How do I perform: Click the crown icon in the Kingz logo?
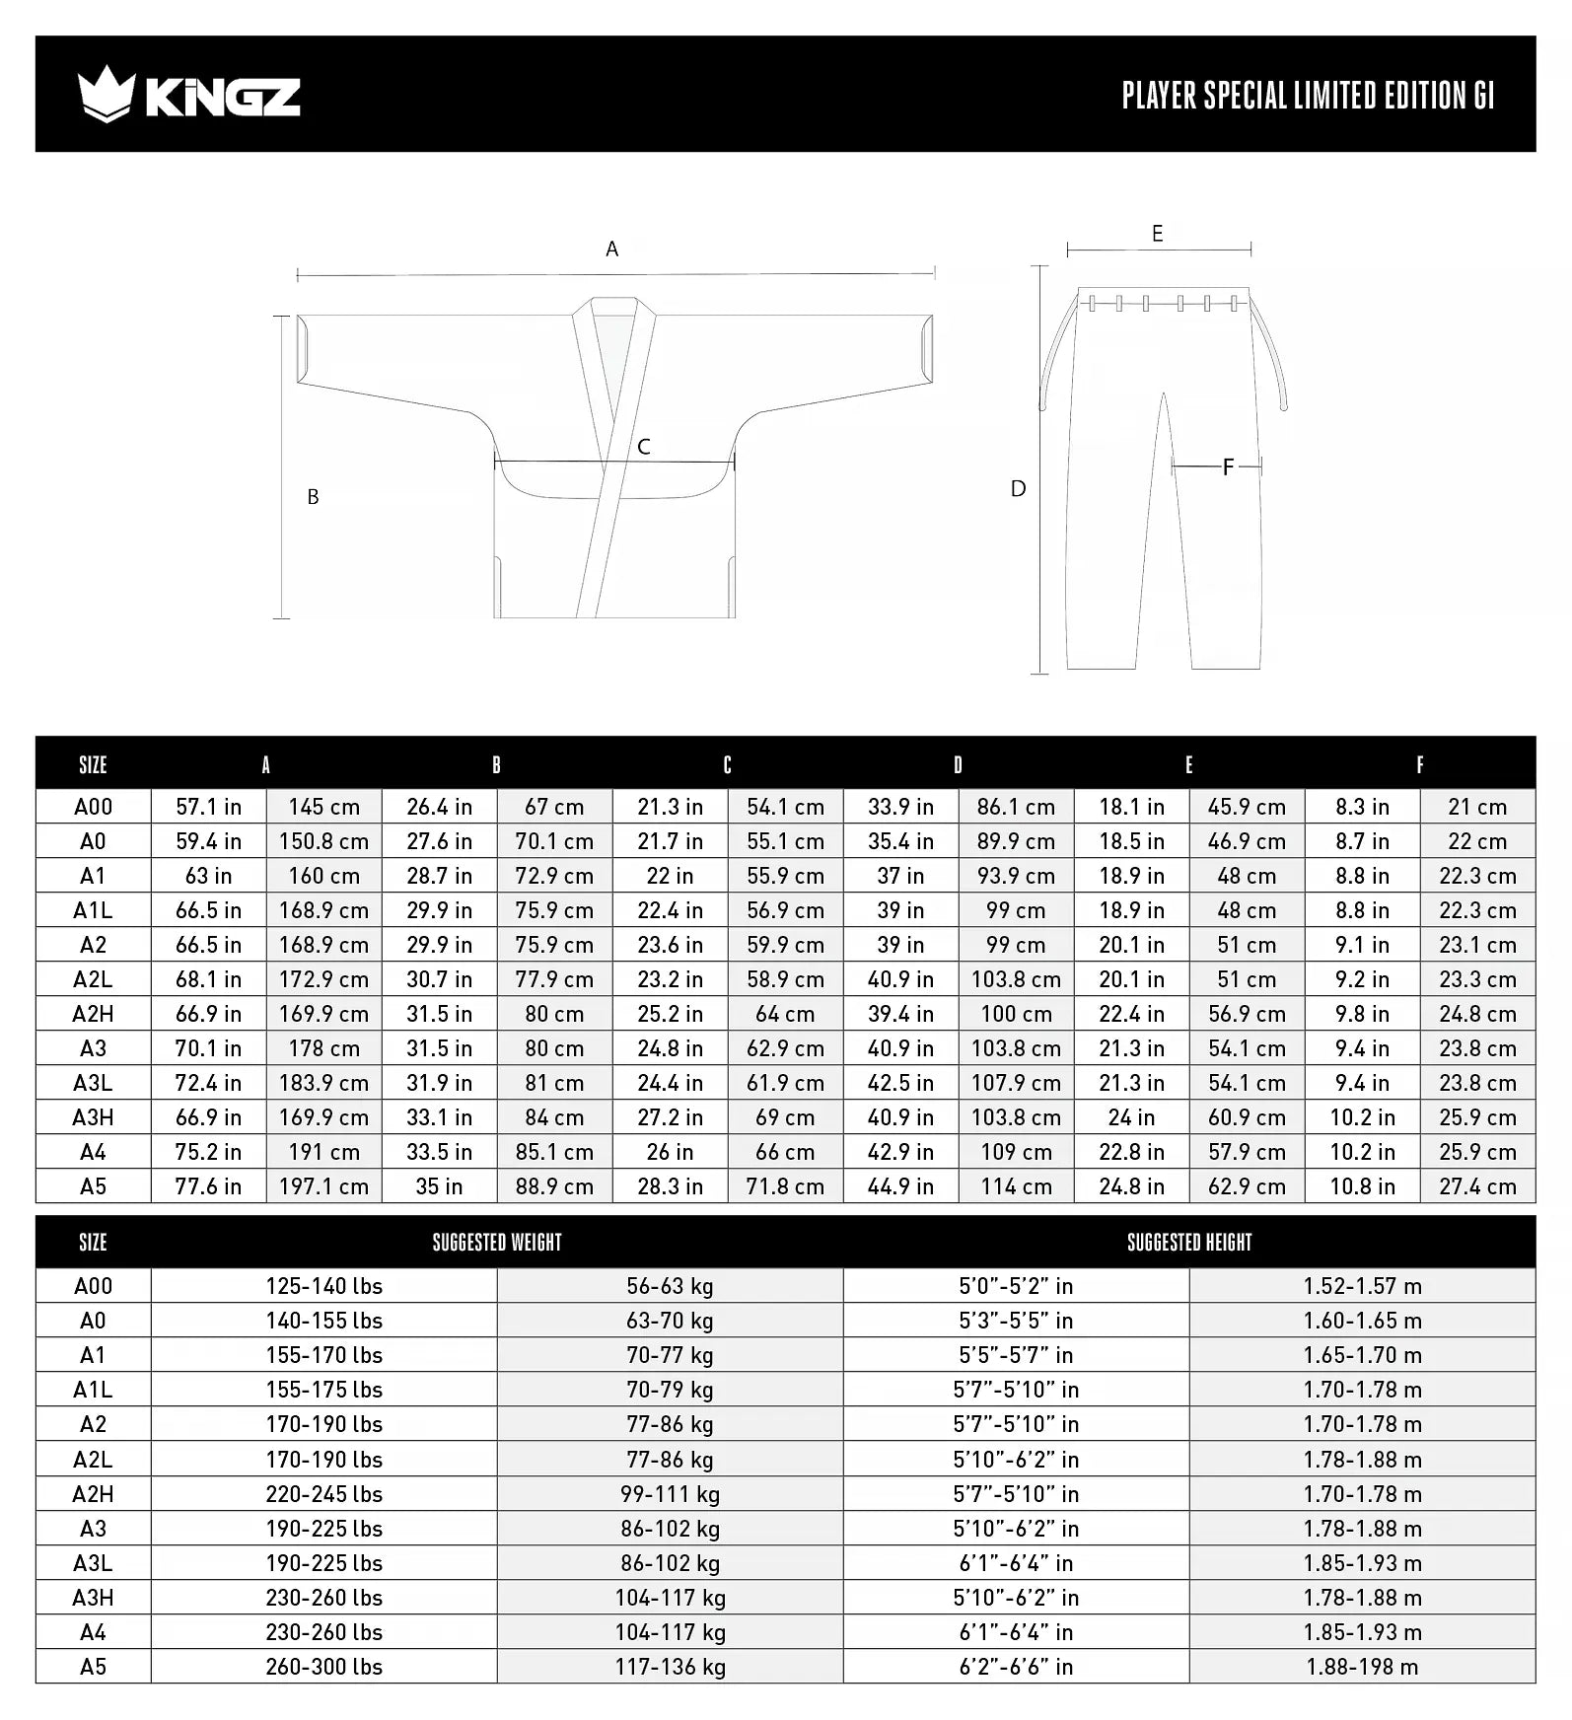105,94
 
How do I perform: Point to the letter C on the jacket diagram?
644,447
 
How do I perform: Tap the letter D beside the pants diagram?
1019,488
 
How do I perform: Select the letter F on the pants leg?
1228,466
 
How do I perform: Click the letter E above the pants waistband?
1158,234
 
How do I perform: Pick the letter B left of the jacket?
313,497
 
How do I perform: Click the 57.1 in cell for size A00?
208,807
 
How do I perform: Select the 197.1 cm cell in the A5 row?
323,1186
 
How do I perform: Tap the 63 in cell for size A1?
208,876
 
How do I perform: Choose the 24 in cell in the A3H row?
1131,1117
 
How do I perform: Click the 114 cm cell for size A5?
1016,1186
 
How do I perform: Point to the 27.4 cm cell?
1477,1186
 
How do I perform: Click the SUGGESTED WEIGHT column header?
497,1243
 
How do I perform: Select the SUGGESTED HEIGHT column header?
1189,1243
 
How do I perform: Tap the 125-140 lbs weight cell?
323,1286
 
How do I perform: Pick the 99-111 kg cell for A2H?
670,1494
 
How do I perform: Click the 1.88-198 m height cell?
1362,1667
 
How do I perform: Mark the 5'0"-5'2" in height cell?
1016,1286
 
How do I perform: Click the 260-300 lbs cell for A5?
323,1667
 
